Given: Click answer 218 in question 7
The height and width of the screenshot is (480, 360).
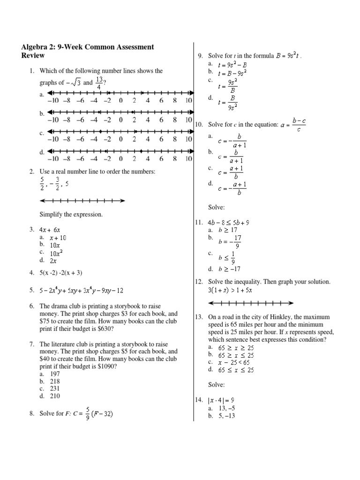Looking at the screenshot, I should [54, 382].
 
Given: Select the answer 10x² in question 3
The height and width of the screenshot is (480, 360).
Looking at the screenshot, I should [55, 253].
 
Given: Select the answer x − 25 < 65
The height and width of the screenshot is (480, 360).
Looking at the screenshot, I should [234, 362].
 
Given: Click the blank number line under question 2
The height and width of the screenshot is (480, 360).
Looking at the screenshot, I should [82, 201].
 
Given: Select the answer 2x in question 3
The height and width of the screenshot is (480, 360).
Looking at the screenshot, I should [52, 260].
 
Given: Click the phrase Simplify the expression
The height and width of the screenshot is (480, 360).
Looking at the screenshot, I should [71, 214].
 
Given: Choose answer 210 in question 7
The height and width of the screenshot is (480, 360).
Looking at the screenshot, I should [54, 396].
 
